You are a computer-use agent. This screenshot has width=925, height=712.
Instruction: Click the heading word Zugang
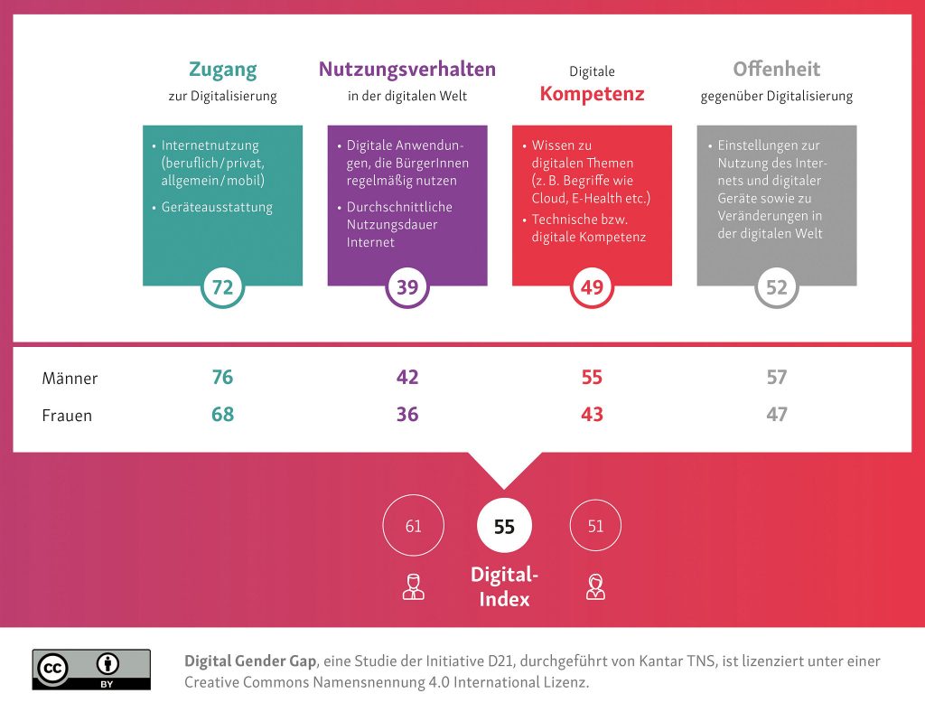pos(222,70)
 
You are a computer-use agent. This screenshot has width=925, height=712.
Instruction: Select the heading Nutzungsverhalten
pos(407,70)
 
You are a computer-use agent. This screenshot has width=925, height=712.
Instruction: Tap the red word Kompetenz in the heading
pos(591,93)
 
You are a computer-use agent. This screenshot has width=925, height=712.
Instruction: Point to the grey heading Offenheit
pos(776,70)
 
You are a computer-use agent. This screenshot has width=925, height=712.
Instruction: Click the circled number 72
pos(222,287)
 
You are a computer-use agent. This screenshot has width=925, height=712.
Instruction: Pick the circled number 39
pos(407,287)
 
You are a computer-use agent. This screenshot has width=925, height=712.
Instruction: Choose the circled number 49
pos(592,287)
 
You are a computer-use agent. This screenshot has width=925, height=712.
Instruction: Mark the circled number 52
pos(777,287)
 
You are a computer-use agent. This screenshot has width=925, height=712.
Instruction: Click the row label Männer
pos(70,378)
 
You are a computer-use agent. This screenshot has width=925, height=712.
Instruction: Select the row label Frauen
pos(67,416)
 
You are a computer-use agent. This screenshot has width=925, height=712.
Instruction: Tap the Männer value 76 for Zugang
pos(222,377)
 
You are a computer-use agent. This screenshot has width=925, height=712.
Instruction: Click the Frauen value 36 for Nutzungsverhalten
pos(407,415)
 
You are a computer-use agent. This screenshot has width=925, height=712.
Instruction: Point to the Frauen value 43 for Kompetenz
pos(592,415)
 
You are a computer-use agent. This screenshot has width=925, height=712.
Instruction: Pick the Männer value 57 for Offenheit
pos(777,377)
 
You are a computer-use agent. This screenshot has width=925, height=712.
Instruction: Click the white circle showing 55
pos(504,526)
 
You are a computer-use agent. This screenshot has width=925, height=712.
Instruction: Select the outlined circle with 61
pos(413,525)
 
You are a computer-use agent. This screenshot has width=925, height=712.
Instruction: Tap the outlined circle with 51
pos(595,525)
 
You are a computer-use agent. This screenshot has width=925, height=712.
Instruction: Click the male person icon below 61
pos(413,586)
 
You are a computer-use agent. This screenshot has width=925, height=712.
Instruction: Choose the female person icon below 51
pos(595,586)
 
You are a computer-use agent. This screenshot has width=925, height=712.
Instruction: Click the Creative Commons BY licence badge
pos(91,670)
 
